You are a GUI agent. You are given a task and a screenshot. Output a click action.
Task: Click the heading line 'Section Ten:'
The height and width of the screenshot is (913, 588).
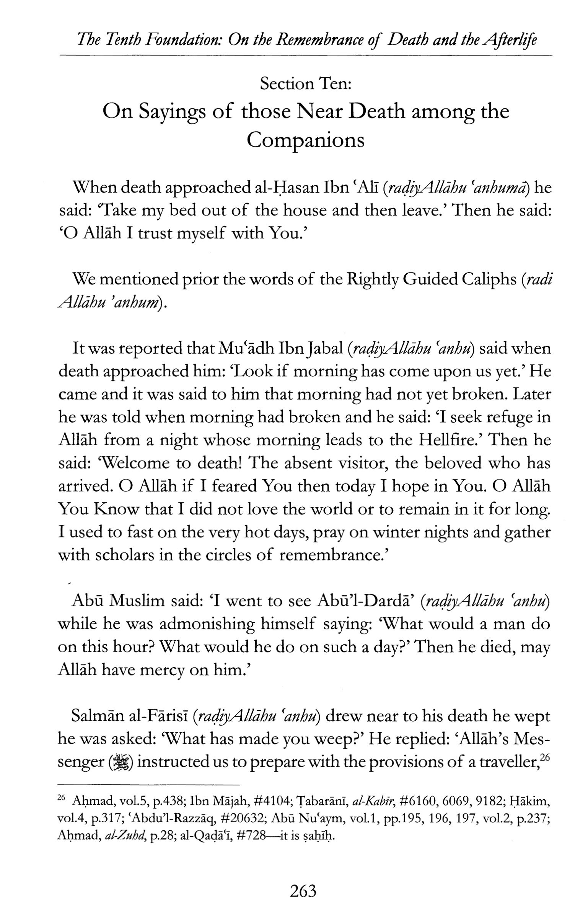305,83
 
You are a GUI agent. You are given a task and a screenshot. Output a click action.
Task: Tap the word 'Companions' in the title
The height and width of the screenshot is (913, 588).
305,140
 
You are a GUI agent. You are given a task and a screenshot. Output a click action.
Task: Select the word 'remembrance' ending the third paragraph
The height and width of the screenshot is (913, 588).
330,555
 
